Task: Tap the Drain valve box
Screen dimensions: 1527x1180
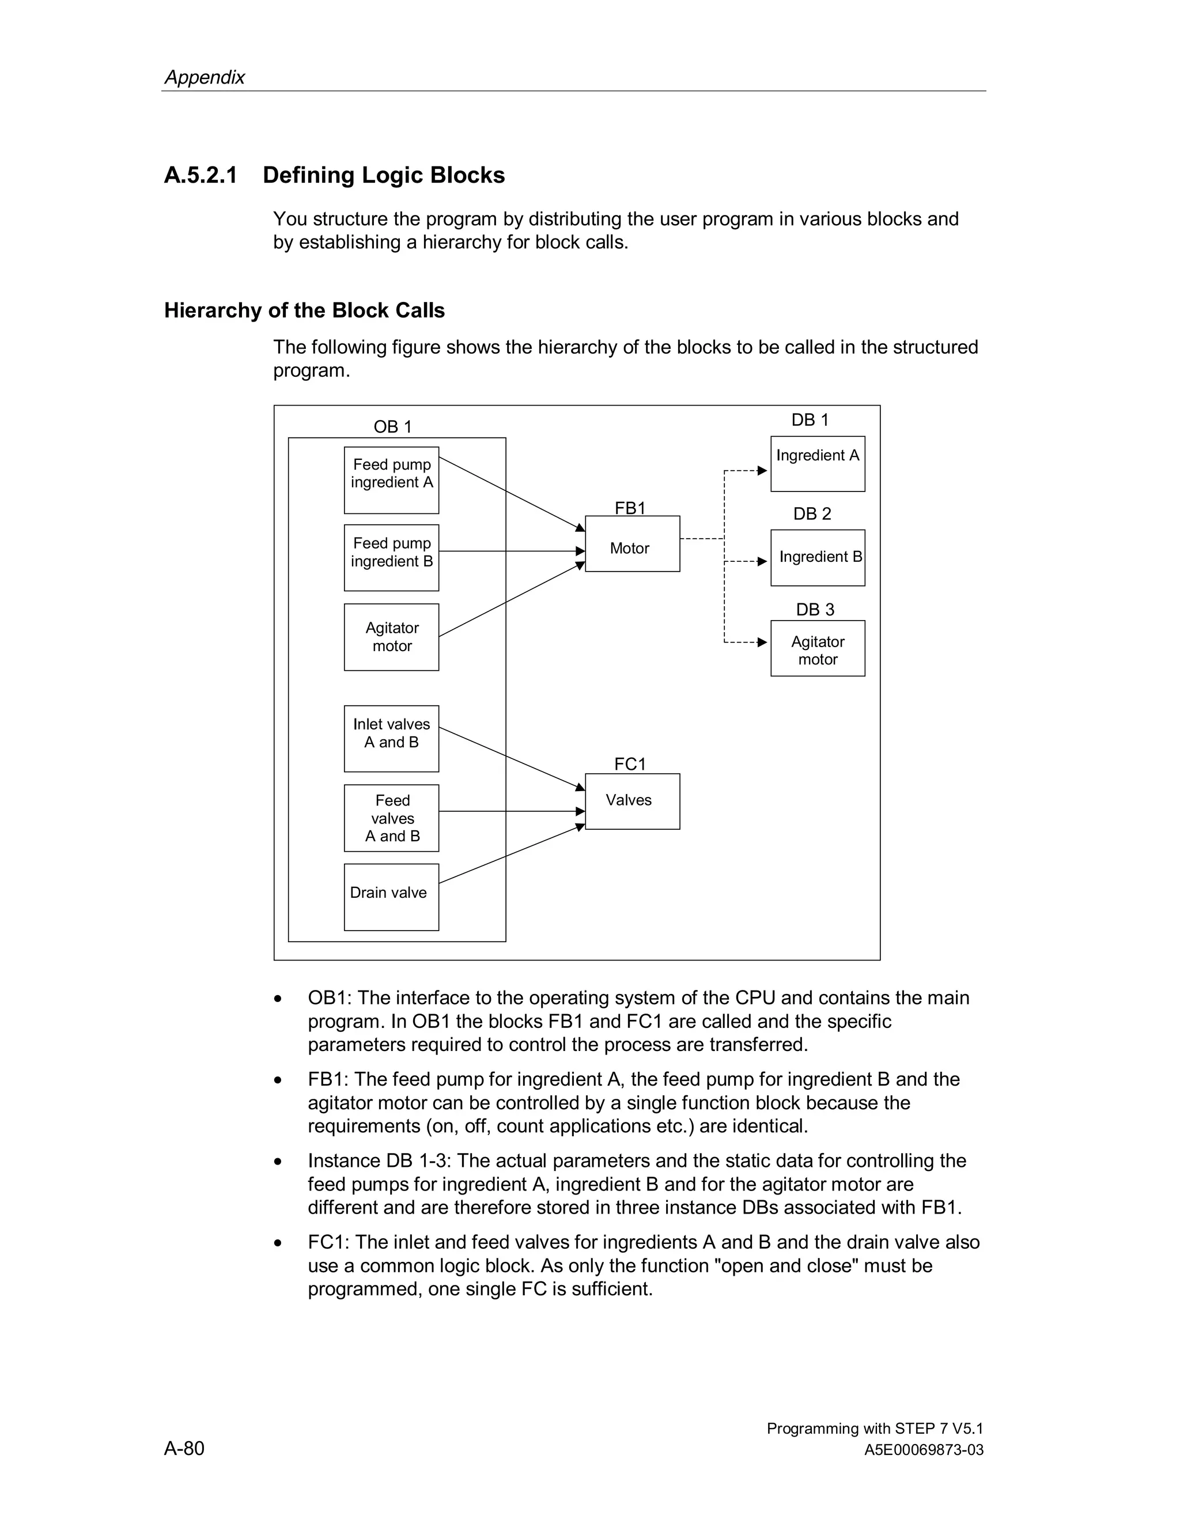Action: coord(391,897)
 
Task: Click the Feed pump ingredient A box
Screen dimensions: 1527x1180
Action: coord(391,481)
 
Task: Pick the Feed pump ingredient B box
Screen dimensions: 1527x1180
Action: coord(391,558)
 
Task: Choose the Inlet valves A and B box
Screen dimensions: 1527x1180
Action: coord(391,738)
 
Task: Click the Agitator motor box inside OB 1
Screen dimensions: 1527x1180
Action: coord(391,637)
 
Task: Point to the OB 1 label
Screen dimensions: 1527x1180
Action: coord(392,426)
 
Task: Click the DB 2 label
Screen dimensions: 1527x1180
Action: coord(812,514)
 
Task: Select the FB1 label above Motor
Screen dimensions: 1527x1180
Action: coord(630,508)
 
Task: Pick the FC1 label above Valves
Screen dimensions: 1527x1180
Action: coord(630,764)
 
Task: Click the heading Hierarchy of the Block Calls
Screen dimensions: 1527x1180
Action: coord(304,311)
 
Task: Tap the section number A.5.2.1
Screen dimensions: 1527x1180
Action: coord(201,175)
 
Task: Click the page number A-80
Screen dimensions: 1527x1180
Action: coord(184,1448)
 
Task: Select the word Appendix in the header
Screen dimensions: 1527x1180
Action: coord(204,77)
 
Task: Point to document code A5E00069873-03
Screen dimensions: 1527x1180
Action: coord(924,1450)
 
